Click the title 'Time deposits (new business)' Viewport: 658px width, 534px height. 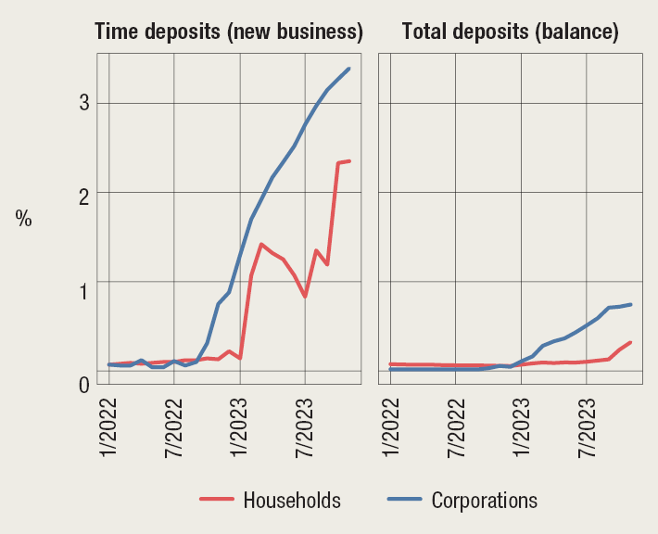[x=229, y=32]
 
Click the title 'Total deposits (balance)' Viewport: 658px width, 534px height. [x=510, y=32]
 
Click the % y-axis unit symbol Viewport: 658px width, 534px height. [x=23, y=219]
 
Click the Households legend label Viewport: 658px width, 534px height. [x=292, y=501]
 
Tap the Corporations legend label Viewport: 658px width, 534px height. [x=484, y=501]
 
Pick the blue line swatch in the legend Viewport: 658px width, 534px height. [x=404, y=501]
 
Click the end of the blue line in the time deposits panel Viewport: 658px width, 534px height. [x=348, y=69]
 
